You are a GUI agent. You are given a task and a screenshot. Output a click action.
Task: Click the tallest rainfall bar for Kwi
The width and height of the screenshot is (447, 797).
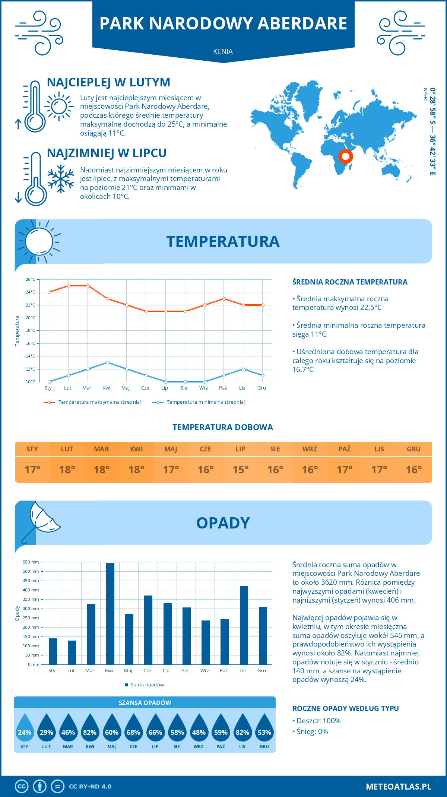point(110,613)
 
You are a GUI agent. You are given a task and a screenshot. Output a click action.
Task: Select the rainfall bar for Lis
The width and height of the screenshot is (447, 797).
point(244,625)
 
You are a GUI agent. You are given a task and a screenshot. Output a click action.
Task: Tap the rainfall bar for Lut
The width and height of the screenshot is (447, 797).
point(72,652)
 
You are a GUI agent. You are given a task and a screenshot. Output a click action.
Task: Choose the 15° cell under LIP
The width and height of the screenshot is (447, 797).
point(240,470)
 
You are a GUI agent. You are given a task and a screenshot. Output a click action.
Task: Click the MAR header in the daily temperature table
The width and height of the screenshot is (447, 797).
point(102,449)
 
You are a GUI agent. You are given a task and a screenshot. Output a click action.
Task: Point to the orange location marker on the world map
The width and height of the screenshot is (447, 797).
point(345,156)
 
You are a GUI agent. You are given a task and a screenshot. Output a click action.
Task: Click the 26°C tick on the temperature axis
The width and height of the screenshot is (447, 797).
point(31,279)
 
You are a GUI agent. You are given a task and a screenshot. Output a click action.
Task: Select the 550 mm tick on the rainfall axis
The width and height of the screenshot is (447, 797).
point(31,562)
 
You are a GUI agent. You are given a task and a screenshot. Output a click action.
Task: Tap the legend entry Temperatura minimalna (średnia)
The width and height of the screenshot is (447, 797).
point(206,402)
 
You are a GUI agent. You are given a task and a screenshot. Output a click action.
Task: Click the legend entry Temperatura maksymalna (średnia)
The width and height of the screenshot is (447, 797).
point(99,402)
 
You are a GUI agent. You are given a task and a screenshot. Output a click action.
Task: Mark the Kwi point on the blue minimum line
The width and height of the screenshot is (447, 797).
point(107,362)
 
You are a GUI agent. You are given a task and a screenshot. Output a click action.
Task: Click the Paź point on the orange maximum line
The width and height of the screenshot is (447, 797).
point(224,299)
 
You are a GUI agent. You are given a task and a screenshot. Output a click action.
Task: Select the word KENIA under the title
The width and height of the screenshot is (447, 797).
point(223,51)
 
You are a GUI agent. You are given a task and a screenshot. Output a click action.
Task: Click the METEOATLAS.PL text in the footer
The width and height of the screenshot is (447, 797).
point(398,787)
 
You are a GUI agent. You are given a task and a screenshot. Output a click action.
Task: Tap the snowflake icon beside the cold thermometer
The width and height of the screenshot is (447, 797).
point(61,179)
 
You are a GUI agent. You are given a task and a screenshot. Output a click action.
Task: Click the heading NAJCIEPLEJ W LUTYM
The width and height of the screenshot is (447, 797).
point(108,82)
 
